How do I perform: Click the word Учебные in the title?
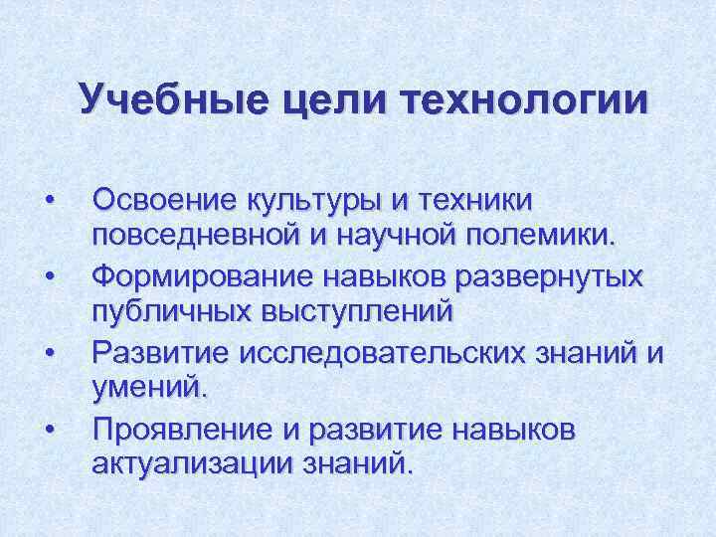(x=162, y=100)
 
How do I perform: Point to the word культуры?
(x=311, y=202)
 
